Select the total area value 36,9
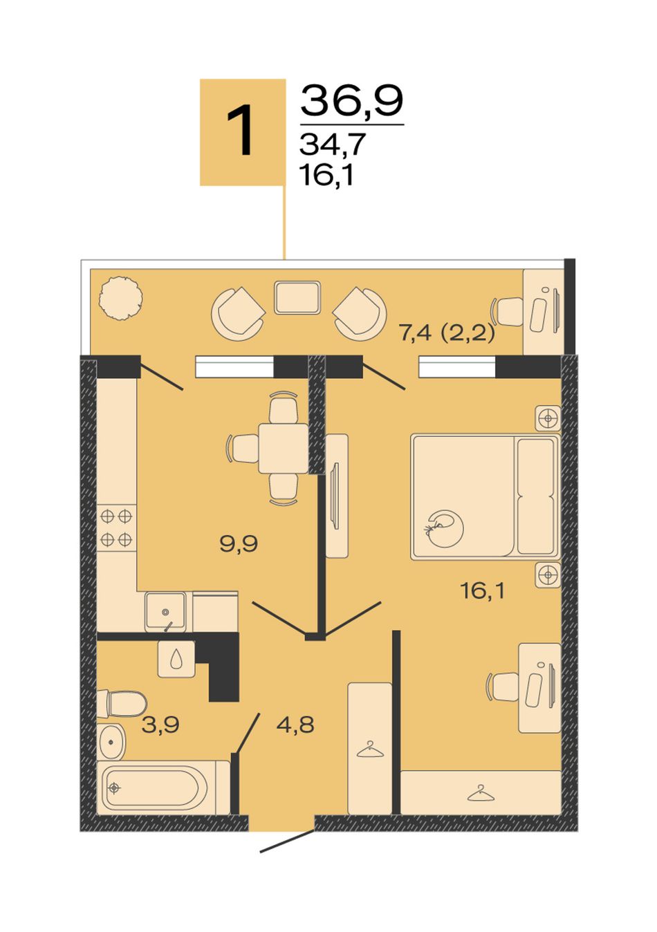(x=352, y=101)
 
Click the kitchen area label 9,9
(x=239, y=543)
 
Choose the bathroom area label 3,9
(x=160, y=724)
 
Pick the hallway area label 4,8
(x=295, y=724)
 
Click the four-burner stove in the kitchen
(x=116, y=528)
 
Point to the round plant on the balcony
(x=121, y=298)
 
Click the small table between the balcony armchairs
(x=297, y=297)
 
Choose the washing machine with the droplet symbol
(x=176, y=659)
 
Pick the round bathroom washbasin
(x=111, y=742)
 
